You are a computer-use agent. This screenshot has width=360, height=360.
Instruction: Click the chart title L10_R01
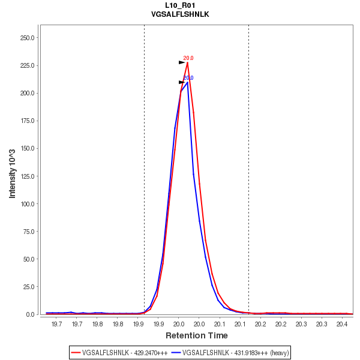pos(180,5)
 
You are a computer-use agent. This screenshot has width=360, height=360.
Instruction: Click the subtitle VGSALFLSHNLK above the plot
pos(180,14)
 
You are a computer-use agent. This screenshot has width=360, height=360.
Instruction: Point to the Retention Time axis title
pos(196,335)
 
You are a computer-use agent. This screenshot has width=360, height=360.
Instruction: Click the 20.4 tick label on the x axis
pos(342,325)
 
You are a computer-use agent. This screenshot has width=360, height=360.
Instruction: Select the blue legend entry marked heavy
pos(230,353)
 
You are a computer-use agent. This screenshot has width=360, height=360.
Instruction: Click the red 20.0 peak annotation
pos(188,58)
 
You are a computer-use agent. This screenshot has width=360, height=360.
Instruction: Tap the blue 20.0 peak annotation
pos(188,78)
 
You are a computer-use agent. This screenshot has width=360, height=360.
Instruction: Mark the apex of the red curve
pos(187,62)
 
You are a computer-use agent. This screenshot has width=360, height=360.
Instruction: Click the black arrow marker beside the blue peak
pos(182,82)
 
